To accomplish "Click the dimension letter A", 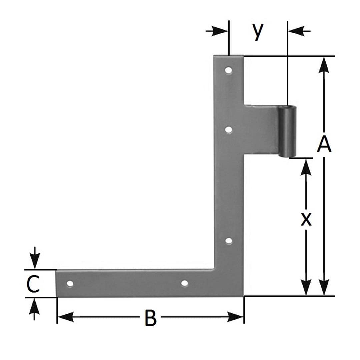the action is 324,144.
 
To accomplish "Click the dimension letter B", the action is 151,318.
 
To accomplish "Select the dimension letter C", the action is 33,284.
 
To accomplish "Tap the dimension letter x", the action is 306,219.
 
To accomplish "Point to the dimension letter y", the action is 258,31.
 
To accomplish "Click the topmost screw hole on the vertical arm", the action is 228,70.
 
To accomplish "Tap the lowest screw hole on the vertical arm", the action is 229,241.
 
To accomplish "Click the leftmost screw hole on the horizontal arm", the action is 70,284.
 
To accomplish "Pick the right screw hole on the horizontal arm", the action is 184,283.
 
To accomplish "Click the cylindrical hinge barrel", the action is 287,131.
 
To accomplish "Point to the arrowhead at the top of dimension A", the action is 324,65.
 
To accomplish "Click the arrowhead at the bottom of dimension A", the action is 324,287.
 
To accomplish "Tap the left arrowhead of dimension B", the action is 65,317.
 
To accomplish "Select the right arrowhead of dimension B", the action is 235,317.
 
